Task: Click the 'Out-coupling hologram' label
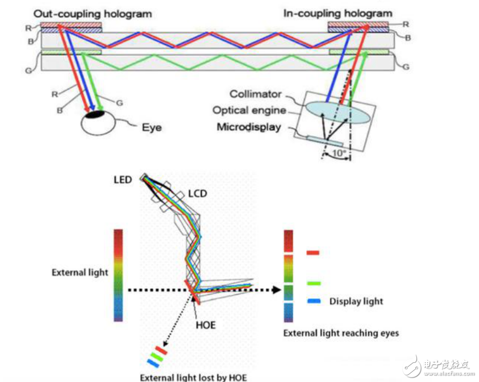pos(92,14)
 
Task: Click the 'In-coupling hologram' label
pos(338,13)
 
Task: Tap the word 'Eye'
pos(152,127)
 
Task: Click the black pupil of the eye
pos(94,114)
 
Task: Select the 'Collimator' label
pos(255,94)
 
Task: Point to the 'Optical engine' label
pos(249,111)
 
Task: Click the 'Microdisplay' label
pos(249,127)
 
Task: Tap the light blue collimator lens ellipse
pos(338,112)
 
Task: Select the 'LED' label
pos(123,180)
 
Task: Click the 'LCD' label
pos(197,194)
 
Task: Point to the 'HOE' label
pos(206,325)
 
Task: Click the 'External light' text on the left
pos(80,272)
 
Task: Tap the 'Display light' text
pos(356,302)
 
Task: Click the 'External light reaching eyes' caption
pos(341,333)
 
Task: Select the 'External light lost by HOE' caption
pos(193,377)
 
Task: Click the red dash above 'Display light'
pos(313,253)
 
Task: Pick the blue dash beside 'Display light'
pos(314,301)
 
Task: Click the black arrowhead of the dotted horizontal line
pos(277,290)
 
